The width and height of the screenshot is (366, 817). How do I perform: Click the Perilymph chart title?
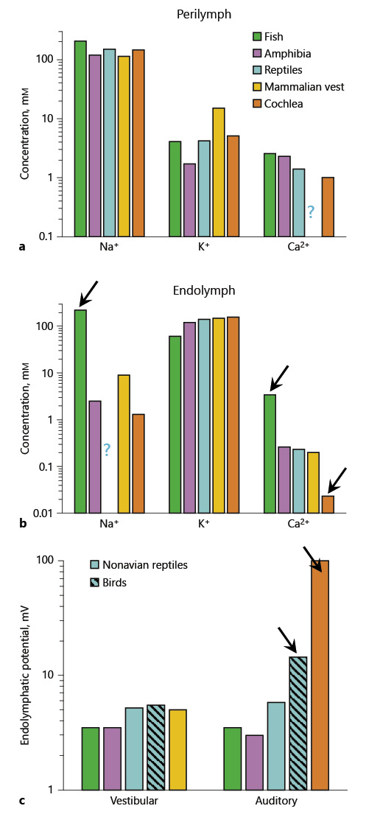point(199,13)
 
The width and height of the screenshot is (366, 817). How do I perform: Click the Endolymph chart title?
point(199,290)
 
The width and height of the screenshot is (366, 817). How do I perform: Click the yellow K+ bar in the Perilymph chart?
point(219,172)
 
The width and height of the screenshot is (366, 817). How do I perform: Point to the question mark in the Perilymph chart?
point(311,211)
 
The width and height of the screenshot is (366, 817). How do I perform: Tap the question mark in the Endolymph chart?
point(107,449)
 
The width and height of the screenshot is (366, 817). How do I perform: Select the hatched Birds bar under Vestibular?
point(156,747)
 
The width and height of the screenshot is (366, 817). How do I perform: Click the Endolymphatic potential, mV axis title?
point(26,674)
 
